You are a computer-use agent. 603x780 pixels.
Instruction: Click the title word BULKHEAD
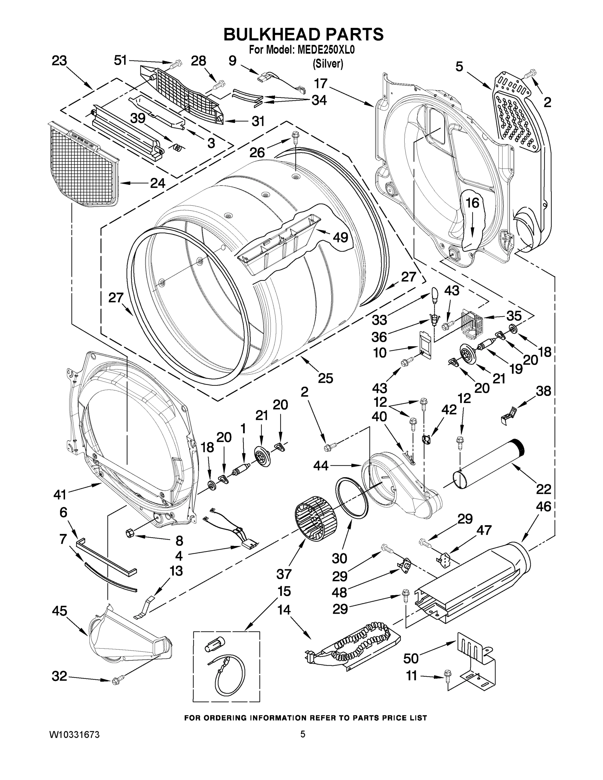pos(267,35)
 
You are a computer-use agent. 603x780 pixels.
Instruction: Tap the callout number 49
pos(340,237)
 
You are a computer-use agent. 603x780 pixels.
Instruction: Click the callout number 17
pos(321,84)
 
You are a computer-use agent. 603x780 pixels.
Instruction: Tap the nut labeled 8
pos(130,534)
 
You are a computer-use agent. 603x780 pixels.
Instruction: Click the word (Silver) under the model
pos(328,64)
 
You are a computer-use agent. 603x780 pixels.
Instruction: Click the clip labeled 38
pos(510,415)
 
